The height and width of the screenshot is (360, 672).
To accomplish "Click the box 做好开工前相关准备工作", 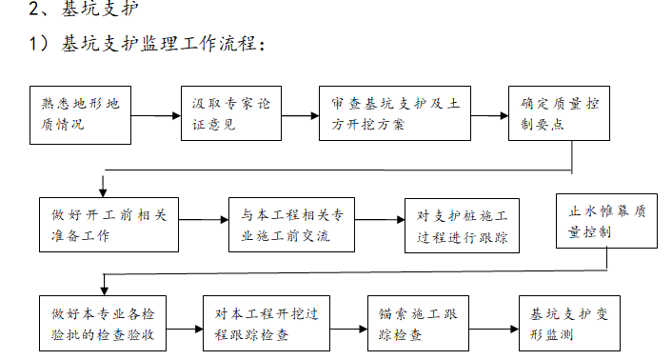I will pyautogui.click(x=109, y=225).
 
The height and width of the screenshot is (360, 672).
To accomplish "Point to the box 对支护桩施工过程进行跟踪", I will pyautogui.click(x=462, y=225).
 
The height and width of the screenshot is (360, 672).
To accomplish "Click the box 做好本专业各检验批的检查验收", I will pyautogui.click(x=109, y=325).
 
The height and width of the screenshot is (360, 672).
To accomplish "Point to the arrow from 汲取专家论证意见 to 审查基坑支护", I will pyautogui.click(x=301, y=115).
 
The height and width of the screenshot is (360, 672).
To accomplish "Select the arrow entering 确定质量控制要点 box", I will pyautogui.click(x=489, y=115).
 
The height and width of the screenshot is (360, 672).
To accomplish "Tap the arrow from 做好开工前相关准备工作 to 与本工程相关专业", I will pyautogui.click(x=203, y=225).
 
